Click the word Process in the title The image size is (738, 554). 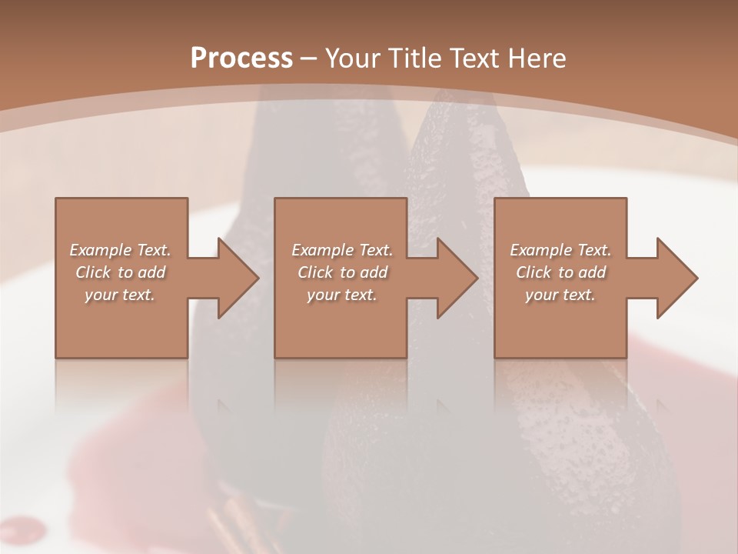[x=241, y=58]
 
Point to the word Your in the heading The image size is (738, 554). [x=351, y=58]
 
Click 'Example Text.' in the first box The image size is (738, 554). [x=120, y=250]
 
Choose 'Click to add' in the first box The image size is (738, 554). [x=120, y=272]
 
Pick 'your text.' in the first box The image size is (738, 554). [x=120, y=295]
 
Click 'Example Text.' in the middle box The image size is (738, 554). [x=342, y=250]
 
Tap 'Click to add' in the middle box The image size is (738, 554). [x=342, y=272]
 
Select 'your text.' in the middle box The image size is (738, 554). [x=342, y=295]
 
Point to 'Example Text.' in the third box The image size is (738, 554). [x=560, y=250]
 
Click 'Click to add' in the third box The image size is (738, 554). [x=560, y=272]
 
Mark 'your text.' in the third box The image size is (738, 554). [x=560, y=295]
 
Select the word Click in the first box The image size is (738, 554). [x=92, y=272]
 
